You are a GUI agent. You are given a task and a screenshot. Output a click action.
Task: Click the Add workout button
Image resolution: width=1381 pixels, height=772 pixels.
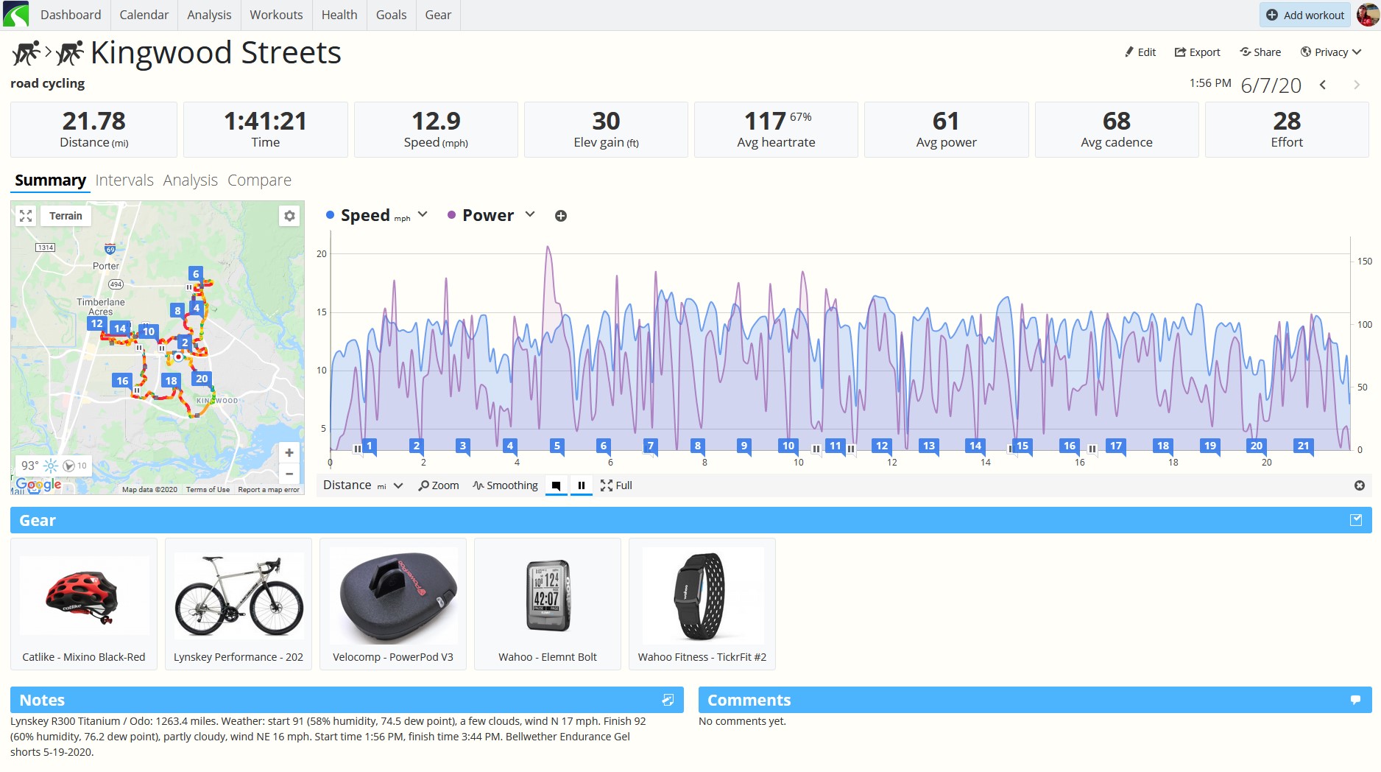(x=1304, y=15)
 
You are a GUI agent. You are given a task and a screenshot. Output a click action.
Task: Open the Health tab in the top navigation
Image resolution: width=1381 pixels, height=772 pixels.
(x=339, y=15)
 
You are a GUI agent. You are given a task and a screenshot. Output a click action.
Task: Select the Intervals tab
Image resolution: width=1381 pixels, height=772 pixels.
(x=124, y=180)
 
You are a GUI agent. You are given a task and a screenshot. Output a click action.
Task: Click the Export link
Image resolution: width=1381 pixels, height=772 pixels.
(x=1197, y=52)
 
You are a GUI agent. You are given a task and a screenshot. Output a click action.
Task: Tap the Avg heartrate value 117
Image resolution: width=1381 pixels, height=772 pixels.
(x=765, y=121)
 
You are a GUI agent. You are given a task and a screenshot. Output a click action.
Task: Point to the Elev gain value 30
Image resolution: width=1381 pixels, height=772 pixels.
(x=606, y=121)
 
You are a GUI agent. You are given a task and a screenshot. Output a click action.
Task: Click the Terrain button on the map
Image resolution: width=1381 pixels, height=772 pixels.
(x=66, y=216)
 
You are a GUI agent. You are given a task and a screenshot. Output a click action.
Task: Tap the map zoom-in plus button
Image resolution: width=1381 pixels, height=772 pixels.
(x=289, y=452)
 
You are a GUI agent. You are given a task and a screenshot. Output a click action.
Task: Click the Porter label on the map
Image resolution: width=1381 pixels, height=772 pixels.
(x=106, y=266)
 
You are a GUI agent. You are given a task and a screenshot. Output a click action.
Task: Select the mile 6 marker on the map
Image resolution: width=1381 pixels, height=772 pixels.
(x=196, y=274)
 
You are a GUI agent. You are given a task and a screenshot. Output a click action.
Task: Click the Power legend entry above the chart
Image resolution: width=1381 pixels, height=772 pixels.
(x=488, y=215)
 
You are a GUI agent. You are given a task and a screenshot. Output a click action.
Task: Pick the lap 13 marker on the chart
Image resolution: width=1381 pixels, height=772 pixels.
(x=929, y=446)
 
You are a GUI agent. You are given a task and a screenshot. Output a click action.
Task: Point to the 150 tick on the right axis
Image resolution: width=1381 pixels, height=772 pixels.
(x=1365, y=262)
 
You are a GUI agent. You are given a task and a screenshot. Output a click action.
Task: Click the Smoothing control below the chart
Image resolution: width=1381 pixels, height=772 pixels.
(x=505, y=485)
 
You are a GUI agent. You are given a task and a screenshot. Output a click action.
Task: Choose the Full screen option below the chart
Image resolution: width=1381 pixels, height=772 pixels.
(x=616, y=485)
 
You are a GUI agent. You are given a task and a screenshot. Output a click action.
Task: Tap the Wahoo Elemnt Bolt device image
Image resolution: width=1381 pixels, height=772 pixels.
(x=548, y=595)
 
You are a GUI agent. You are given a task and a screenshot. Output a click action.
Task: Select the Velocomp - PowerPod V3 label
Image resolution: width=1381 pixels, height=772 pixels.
(x=393, y=657)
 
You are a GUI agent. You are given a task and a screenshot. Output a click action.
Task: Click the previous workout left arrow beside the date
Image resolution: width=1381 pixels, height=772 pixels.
(x=1323, y=85)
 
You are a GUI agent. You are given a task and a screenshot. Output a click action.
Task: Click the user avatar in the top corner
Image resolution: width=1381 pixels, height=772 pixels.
(x=1368, y=15)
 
